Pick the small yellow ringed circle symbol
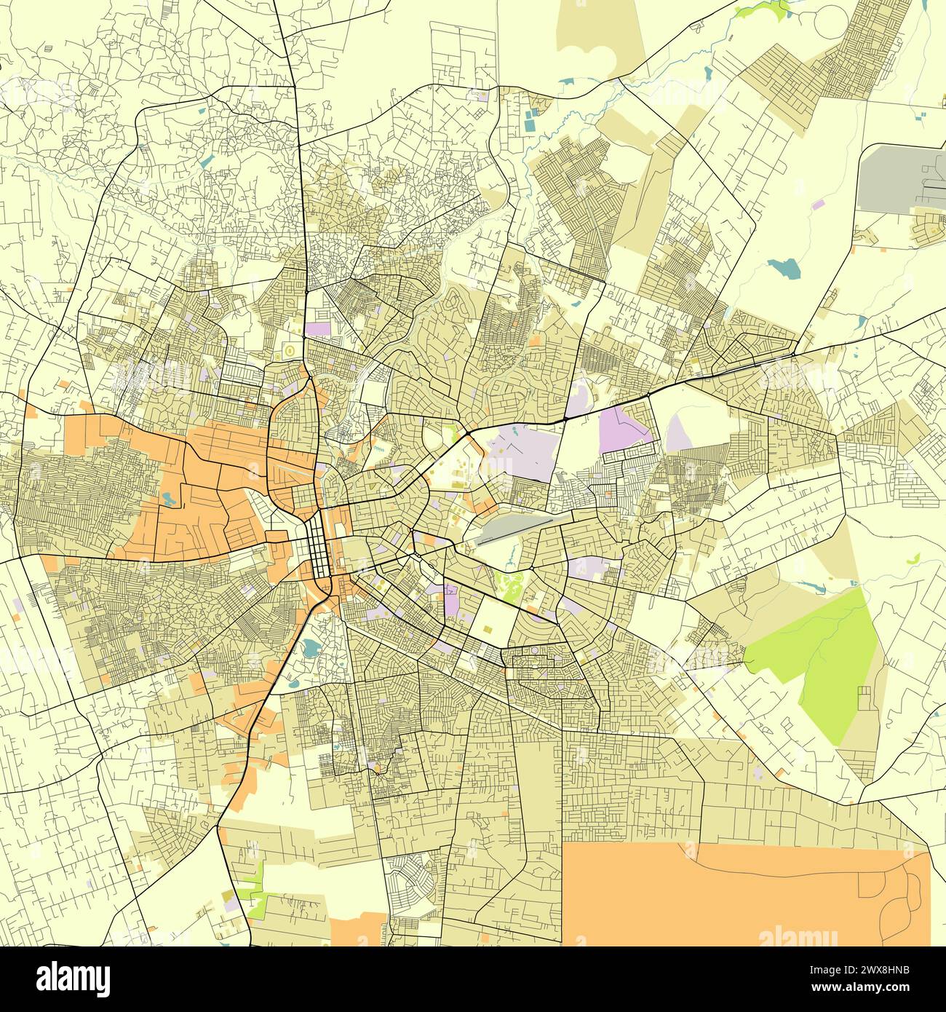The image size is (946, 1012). click(x=290, y=350)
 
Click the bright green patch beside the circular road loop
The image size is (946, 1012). click(x=760, y=10)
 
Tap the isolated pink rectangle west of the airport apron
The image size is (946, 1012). click(x=818, y=205)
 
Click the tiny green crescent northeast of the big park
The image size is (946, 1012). click(x=913, y=558)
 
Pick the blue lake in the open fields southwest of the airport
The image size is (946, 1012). click(x=784, y=268)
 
